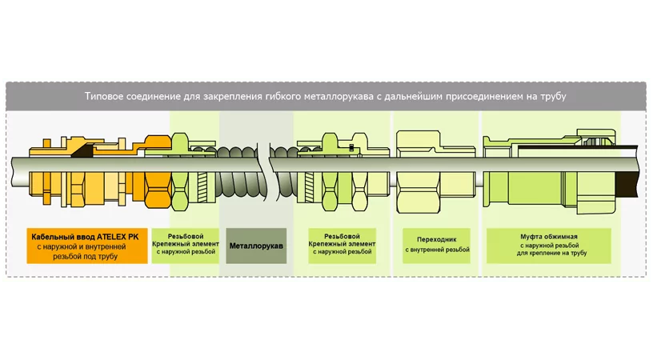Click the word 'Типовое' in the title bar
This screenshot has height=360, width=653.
105,97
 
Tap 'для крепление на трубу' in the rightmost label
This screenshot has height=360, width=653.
552,253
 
